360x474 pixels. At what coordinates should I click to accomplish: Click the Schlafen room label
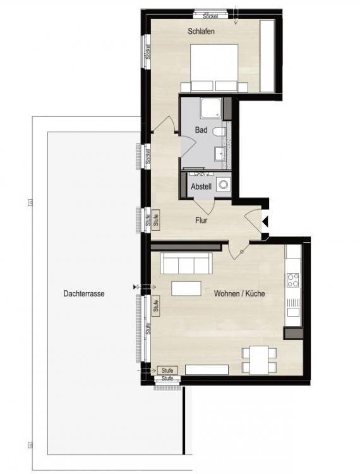click(x=201, y=31)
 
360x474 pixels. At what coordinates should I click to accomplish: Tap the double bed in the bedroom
click(x=215, y=68)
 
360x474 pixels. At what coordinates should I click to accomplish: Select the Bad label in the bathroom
click(x=201, y=130)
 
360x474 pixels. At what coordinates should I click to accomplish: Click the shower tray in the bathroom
click(x=211, y=109)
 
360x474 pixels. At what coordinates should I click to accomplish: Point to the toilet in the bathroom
click(x=219, y=131)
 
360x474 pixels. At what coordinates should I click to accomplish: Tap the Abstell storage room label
click(x=201, y=186)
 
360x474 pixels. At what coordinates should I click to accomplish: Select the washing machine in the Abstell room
click(x=224, y=184)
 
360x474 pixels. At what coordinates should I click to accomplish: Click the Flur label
click(x=201, y=221)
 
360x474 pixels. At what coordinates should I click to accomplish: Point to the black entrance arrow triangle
click(x=265, y=222)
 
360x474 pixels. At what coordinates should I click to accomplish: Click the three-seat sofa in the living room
click(x=186, y=264)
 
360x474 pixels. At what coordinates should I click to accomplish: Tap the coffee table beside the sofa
click(x=186, y=288)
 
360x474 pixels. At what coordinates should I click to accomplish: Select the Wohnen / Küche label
click(x=239, y=293)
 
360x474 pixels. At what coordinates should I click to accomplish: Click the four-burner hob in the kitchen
click(x=292, y=280)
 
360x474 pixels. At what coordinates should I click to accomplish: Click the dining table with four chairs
click(x=259, y=360)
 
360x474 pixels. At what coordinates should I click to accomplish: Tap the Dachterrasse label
click(x=84, y=293)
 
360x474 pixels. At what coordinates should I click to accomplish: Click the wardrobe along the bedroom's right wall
click(x=267, y=56)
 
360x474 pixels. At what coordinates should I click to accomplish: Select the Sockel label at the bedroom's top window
click(x=210, y=16)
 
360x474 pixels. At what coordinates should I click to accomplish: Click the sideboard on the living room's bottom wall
click(x=207, y=370)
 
